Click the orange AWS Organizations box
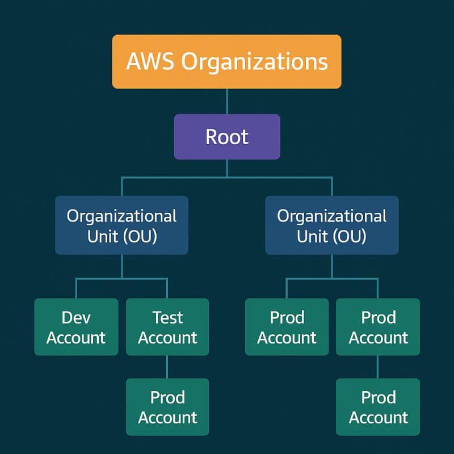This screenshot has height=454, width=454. pyautogui.click(x=226, y=61)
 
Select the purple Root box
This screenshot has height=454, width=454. pyautogui.click(x=226, y=137)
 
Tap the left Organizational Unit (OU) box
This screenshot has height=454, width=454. pyautogui.click(x=121, y=225)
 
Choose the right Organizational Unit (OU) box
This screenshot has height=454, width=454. pyautogui.click(x=332, y=225)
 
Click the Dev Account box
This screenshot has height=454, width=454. pyautogui.click(x=76, y=327)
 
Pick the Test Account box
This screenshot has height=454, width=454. pyautogui.click(x=167, y=327)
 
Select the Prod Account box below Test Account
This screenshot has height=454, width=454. pyautogui.click(x=167, y=407)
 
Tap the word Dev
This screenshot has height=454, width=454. pyautogui.click(x=76, y=317)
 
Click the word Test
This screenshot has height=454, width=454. pyautogui.click(x=167, y=317)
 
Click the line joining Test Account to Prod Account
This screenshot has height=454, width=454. pyautogui.click(x=167, y=367)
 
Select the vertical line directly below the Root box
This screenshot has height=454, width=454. pyautogui.click(x=226, y=168)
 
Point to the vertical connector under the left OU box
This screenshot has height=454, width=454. pyautogui.click(x=121, y=266)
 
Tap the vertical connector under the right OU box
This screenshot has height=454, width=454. pyautogui.click(x=332, y=266)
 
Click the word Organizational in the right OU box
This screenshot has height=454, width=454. pyautogui.click(x=332, y=216)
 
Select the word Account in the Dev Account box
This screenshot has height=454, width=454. pyautogui.click(x=76, y=338)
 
